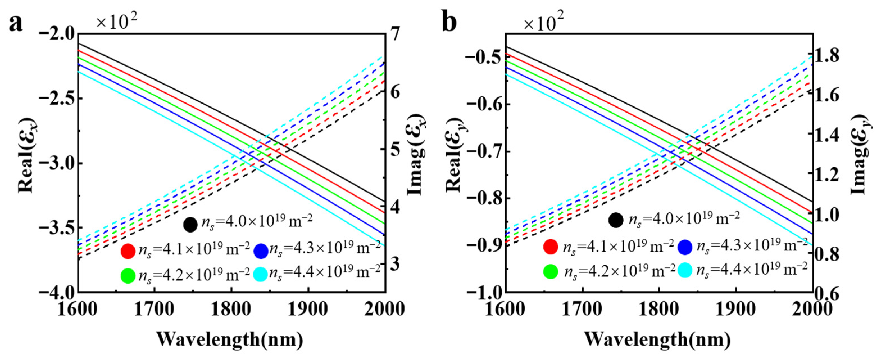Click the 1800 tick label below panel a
click(232, 309)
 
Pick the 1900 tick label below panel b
click(736, 309)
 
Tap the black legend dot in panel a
click(190, 224)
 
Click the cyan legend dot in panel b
click(685, 271)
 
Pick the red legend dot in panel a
click(128, 251)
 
